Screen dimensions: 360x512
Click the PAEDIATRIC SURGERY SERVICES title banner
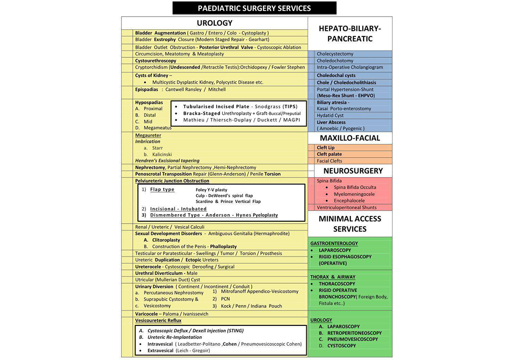click(254, 8)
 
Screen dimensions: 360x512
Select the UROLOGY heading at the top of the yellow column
click(214, 23)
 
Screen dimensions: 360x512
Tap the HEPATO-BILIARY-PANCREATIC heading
click(350, 34)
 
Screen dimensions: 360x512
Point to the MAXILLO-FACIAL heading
click(350, 138)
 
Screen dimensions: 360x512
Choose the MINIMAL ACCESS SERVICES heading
click(350, 224)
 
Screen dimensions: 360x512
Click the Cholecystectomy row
click(335, 54)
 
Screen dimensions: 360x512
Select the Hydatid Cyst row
click(330, 116)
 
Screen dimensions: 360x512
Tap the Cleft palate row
click(329, 154)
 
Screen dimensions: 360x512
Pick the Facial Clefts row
click(329, 161)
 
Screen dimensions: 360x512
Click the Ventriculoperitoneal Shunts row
click(347, 207)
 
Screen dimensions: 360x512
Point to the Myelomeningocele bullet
click(354, 194)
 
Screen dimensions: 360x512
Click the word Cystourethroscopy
click(155, 61)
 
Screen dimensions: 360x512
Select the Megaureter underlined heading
click(148, 135)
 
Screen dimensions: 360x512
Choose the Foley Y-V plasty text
click(211, 189)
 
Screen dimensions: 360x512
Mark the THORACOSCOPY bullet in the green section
click(337, 284)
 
